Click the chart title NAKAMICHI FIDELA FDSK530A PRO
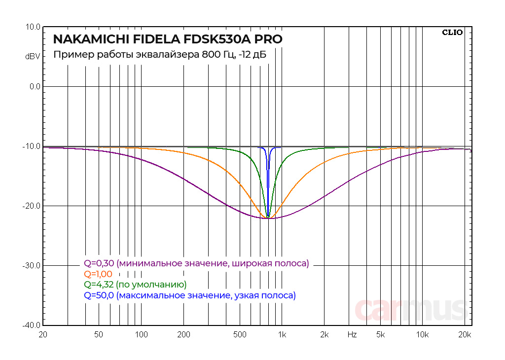point(168,39)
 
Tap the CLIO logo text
point(452,33)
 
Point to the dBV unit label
point(33,56)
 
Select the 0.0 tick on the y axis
point(35,87)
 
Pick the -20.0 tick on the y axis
point(32,206)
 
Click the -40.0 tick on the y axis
point(32,325)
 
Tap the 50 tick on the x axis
point(99,335)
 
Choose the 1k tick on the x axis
point(282,335)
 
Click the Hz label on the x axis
point(352,335)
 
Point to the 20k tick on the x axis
point(465,335)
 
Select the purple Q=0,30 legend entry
point(196,263)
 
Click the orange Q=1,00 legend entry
point(98,274)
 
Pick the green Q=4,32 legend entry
point(135,285)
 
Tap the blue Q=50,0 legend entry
point(190,296)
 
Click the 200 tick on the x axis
point(183,335)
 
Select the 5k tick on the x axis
point(380,335)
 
